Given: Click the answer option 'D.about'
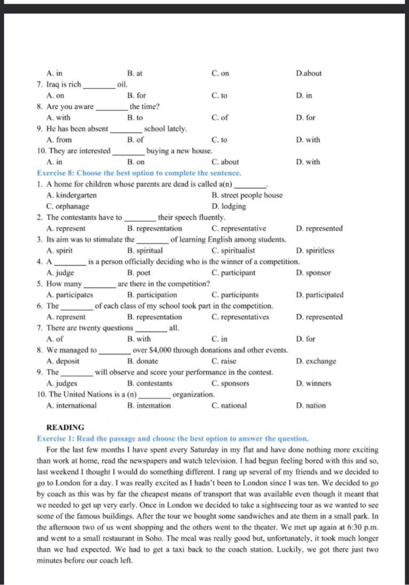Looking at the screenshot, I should tap(309, 73).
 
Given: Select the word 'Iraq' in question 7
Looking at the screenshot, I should tap(53, 85).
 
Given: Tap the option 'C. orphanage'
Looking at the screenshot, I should tap(68, 206).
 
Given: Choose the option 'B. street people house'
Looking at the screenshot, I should tap(247, 195).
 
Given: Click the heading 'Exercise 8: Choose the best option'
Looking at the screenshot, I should tap(139, 173).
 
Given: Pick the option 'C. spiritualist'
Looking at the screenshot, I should tap(233, 251).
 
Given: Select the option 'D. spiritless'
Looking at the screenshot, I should tap(315, 251).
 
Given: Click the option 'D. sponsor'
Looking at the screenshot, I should tap(314, 273).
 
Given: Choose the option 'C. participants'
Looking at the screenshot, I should tap(235, 295).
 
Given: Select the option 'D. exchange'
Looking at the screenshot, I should tap(316, 361).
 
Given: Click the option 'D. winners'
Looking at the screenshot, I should tap(314, 383).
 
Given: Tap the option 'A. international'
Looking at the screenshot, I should tap(71, 405).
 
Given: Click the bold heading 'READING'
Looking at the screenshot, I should tap(65, 427).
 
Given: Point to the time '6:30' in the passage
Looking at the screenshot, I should tap(353, 527).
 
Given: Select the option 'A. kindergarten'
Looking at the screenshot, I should tap(71, 195).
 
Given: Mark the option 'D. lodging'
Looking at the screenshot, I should tap(229, 206).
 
